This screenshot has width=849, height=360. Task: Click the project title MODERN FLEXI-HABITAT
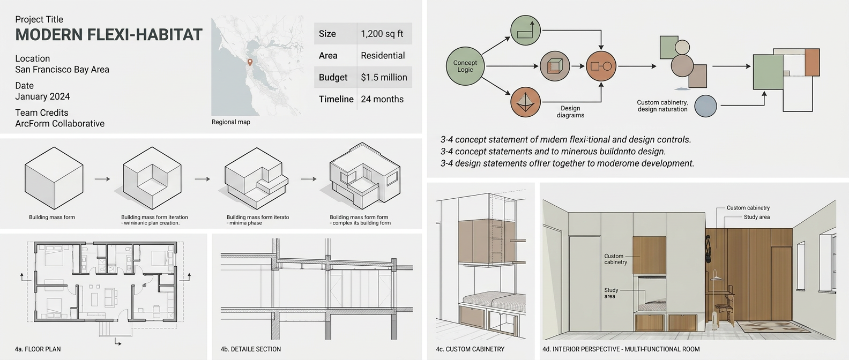pos(109,35)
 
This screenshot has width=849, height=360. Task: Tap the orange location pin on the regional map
pos(250,62)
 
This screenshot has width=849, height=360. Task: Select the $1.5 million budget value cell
pos(384,77)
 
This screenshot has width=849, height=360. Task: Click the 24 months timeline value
pos(382,99)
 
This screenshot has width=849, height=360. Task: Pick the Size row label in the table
pos(327,34)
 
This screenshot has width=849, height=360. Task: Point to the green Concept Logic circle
pos(465,66)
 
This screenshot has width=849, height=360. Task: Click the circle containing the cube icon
pos(555,66)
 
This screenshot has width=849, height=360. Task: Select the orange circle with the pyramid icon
pos(525,102)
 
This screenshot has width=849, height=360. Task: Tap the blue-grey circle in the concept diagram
pos(705,106)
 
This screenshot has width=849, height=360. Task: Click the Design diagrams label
pos(570,111)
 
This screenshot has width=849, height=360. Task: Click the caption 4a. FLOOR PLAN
pos(38,349)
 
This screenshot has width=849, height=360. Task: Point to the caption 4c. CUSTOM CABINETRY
pos(470,349)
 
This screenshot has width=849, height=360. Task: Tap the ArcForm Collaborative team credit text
pos(59,124)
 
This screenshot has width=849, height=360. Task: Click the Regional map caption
pos(230,122)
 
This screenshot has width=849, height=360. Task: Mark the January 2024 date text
pos(42,97)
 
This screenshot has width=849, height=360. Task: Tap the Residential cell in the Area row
pos(383,56)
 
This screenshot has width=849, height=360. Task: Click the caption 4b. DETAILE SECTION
pos(251,349)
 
